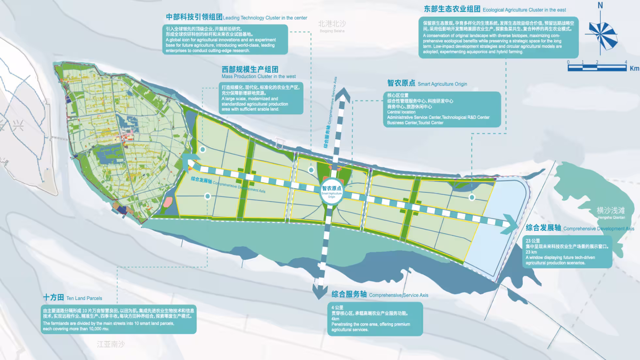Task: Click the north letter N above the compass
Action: click(x=600, y=6)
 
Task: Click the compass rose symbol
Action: click(x=602, y=35)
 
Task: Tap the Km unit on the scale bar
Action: click(x=634, y=68)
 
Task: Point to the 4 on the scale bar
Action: click(x=626, y=62)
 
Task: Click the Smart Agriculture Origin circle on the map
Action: click(x=331, y=191)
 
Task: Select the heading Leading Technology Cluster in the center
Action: click(x=236, y=17)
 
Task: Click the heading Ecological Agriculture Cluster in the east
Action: click(x=495, y=9)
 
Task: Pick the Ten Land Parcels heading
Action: click(x=72, y=298)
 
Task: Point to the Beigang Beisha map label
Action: click(x=332, y=26)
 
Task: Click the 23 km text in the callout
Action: click(x=531, y=252)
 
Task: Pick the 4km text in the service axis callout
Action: click(x=335, y=319)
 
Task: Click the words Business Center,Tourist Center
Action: click(x=415, y=123)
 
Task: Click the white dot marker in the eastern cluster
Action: click(x=472, y=197)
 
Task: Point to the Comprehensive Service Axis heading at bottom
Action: click(x=379, y=295)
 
